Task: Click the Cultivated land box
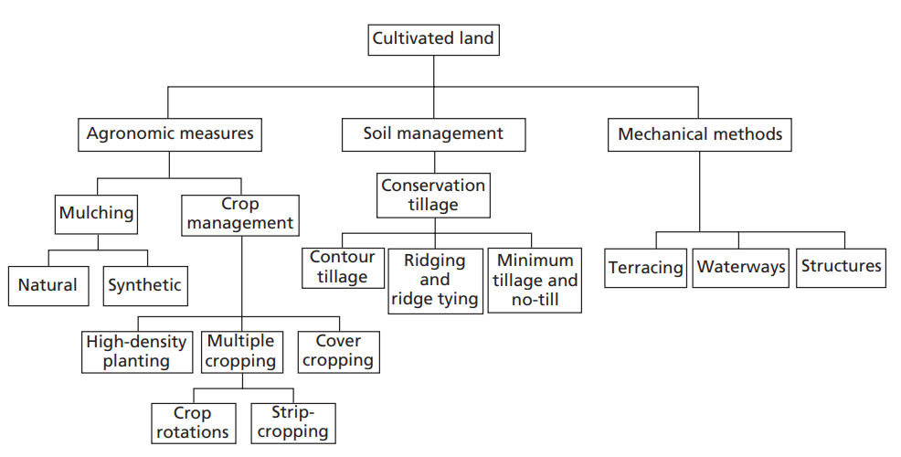coord(433,38)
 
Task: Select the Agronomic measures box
coord(170,134)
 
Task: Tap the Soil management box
coord(433,134)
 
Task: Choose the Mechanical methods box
coord(700,134)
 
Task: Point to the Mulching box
coord(96,214)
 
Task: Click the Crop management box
coord(240,214)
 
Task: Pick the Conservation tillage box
coord(433,195)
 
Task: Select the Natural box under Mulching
coord(48,285)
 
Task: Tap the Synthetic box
coord(144,285)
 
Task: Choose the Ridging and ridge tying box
coord(435,281)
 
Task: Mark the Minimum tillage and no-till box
coord(535,281)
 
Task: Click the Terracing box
coord(646,268)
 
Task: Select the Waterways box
coord(741,268)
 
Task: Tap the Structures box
coord(841,267)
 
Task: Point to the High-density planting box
coord(136,351)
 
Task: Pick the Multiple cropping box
coord(240,351)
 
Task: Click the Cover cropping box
coord(338,351)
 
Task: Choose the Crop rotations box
coord(191,423)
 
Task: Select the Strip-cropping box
coord(291,423)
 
